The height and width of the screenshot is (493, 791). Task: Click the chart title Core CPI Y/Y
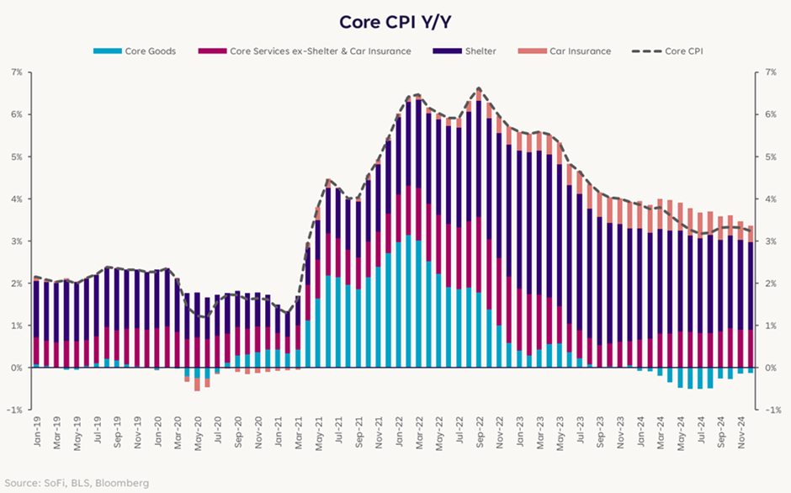395,21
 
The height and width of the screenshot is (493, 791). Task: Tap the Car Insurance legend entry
580,51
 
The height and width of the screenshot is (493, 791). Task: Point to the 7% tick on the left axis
16,72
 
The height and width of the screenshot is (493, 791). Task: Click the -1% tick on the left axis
14,410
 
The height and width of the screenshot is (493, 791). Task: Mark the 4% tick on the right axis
769,199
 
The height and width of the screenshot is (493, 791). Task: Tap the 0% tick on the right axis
769,368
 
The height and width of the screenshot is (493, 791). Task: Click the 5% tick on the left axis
16,157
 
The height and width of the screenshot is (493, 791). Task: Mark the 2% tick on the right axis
769,284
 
